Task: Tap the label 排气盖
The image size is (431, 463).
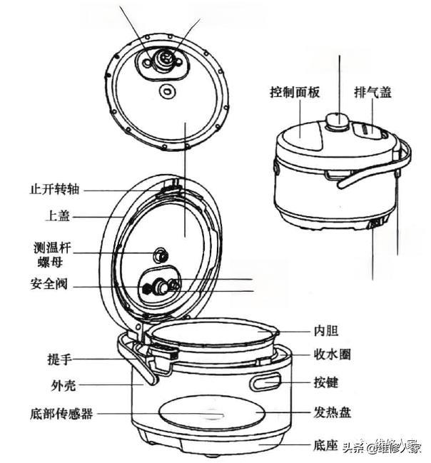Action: [x=372, y=93]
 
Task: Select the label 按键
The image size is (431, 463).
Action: [x=325, y=382]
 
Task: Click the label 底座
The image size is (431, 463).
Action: [x=324, y=446]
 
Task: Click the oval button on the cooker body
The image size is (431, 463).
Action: [x=265, y=383]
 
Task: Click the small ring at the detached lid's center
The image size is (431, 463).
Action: [x=169, y=91]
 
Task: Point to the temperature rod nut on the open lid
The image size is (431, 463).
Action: [x=161, y=255]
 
